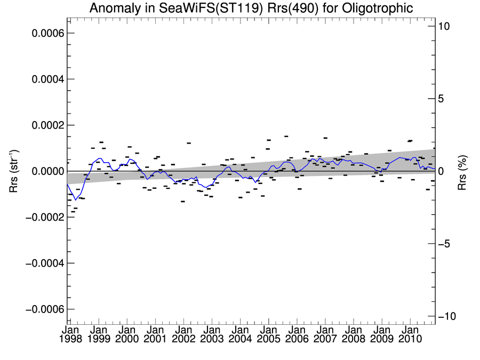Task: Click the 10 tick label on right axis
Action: coord(446,26)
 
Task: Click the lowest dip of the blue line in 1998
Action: coord(76,199)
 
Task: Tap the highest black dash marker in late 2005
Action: coord(286,137)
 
